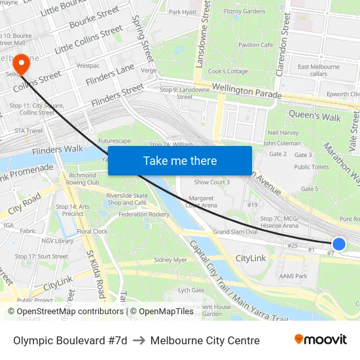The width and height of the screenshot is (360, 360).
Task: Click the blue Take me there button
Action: [180, 160]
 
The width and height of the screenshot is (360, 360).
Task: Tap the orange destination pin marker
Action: [22, 63]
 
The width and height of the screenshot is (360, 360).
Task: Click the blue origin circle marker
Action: [338, 244]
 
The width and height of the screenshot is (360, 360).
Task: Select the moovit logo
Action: [320, 340]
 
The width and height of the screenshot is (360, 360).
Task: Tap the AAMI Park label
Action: [293, 276]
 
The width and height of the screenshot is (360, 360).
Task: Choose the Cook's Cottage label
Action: [228, 71]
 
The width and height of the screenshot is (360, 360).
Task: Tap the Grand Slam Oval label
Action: [235, 232]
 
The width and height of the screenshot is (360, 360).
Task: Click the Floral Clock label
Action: [92, 231]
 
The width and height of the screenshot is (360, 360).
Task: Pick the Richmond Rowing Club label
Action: [83, 179]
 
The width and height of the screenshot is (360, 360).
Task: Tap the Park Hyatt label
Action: [183, 12]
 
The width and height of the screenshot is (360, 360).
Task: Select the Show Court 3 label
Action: [211, 182]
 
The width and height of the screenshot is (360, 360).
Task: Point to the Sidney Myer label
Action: [170, 260]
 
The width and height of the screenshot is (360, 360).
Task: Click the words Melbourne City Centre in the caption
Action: [205, 340]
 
